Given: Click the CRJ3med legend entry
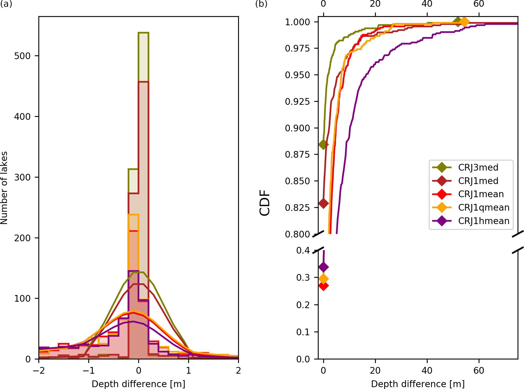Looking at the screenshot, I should coord(478,167).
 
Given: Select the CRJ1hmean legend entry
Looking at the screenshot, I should coord(483,221).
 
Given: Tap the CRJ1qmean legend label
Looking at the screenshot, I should coord(483,207).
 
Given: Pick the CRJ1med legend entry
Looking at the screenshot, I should coord(478,181).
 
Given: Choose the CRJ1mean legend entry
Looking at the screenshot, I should coord(481,194).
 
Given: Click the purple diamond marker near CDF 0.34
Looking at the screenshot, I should coord(323,267).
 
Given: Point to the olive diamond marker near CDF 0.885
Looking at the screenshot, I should coord(323,145).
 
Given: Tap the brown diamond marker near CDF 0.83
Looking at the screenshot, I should coord(323,203).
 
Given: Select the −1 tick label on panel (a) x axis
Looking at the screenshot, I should coord(89,371).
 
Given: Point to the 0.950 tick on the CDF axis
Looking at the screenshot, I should coord(297,75).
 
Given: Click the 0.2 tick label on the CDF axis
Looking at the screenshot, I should coord(303,305).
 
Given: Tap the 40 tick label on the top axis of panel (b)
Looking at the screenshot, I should coord(427,4).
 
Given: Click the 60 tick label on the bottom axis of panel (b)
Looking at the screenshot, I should coord(479,371).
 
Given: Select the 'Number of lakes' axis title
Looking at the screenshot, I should coord(4,188).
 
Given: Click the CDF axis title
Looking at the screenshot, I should coord(265,203).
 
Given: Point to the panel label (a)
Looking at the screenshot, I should coord(6,4).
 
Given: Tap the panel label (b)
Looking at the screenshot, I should coord(261,4).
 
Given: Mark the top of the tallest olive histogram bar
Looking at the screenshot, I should coord(143,33).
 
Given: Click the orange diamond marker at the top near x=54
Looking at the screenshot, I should coord(464,22).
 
